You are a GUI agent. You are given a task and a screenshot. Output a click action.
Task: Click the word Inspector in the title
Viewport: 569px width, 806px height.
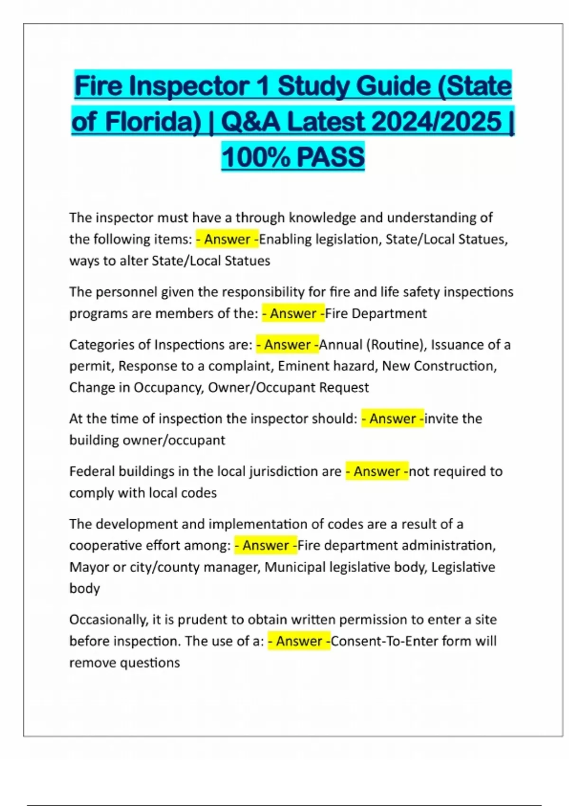click(x=189, y=86)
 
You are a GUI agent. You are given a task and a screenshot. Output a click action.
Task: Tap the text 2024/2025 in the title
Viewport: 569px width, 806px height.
click(x=437, y=122)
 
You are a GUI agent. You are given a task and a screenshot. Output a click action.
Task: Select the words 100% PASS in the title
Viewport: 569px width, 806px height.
click(x=293, y=157)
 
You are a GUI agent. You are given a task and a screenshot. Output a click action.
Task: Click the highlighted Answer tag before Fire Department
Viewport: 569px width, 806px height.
click(x=294, y=313)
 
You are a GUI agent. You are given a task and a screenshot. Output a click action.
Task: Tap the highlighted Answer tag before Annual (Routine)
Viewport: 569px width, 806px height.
click(x=287, y=345)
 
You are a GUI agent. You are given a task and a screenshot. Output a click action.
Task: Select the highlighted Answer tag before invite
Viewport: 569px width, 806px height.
click(x=393, y=419)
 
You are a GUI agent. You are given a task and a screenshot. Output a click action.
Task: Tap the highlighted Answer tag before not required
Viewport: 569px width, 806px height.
click(x=377, y=471)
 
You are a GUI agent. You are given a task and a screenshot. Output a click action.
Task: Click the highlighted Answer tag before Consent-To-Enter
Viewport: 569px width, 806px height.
click(x=299, y=641)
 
